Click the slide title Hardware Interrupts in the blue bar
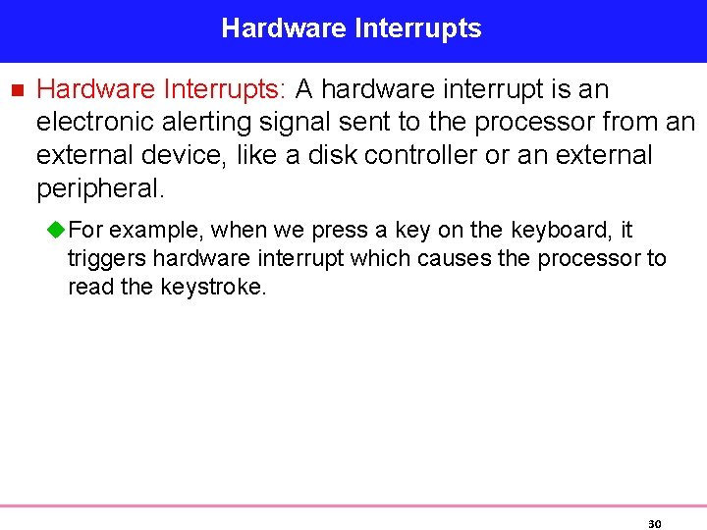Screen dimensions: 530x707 tap(352, 28)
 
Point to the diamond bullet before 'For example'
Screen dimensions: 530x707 tap(57, 231)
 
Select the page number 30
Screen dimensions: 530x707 tap(654, 524)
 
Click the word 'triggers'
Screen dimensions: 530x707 tap(106, 259)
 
